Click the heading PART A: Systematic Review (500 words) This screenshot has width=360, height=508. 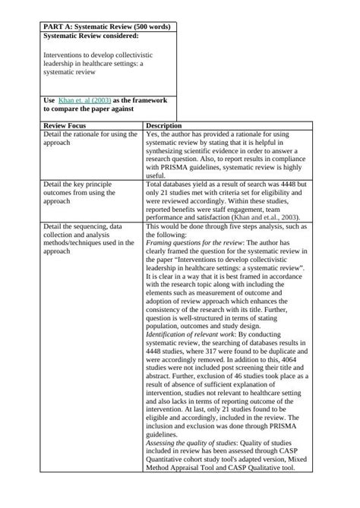[106, 27]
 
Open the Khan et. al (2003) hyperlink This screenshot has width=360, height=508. [79, 100]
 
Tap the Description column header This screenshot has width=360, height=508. [163, 125]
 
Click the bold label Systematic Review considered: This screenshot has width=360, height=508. [91, 36]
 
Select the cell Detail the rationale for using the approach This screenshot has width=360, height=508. [90, 138]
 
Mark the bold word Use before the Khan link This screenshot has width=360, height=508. [49, 100]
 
